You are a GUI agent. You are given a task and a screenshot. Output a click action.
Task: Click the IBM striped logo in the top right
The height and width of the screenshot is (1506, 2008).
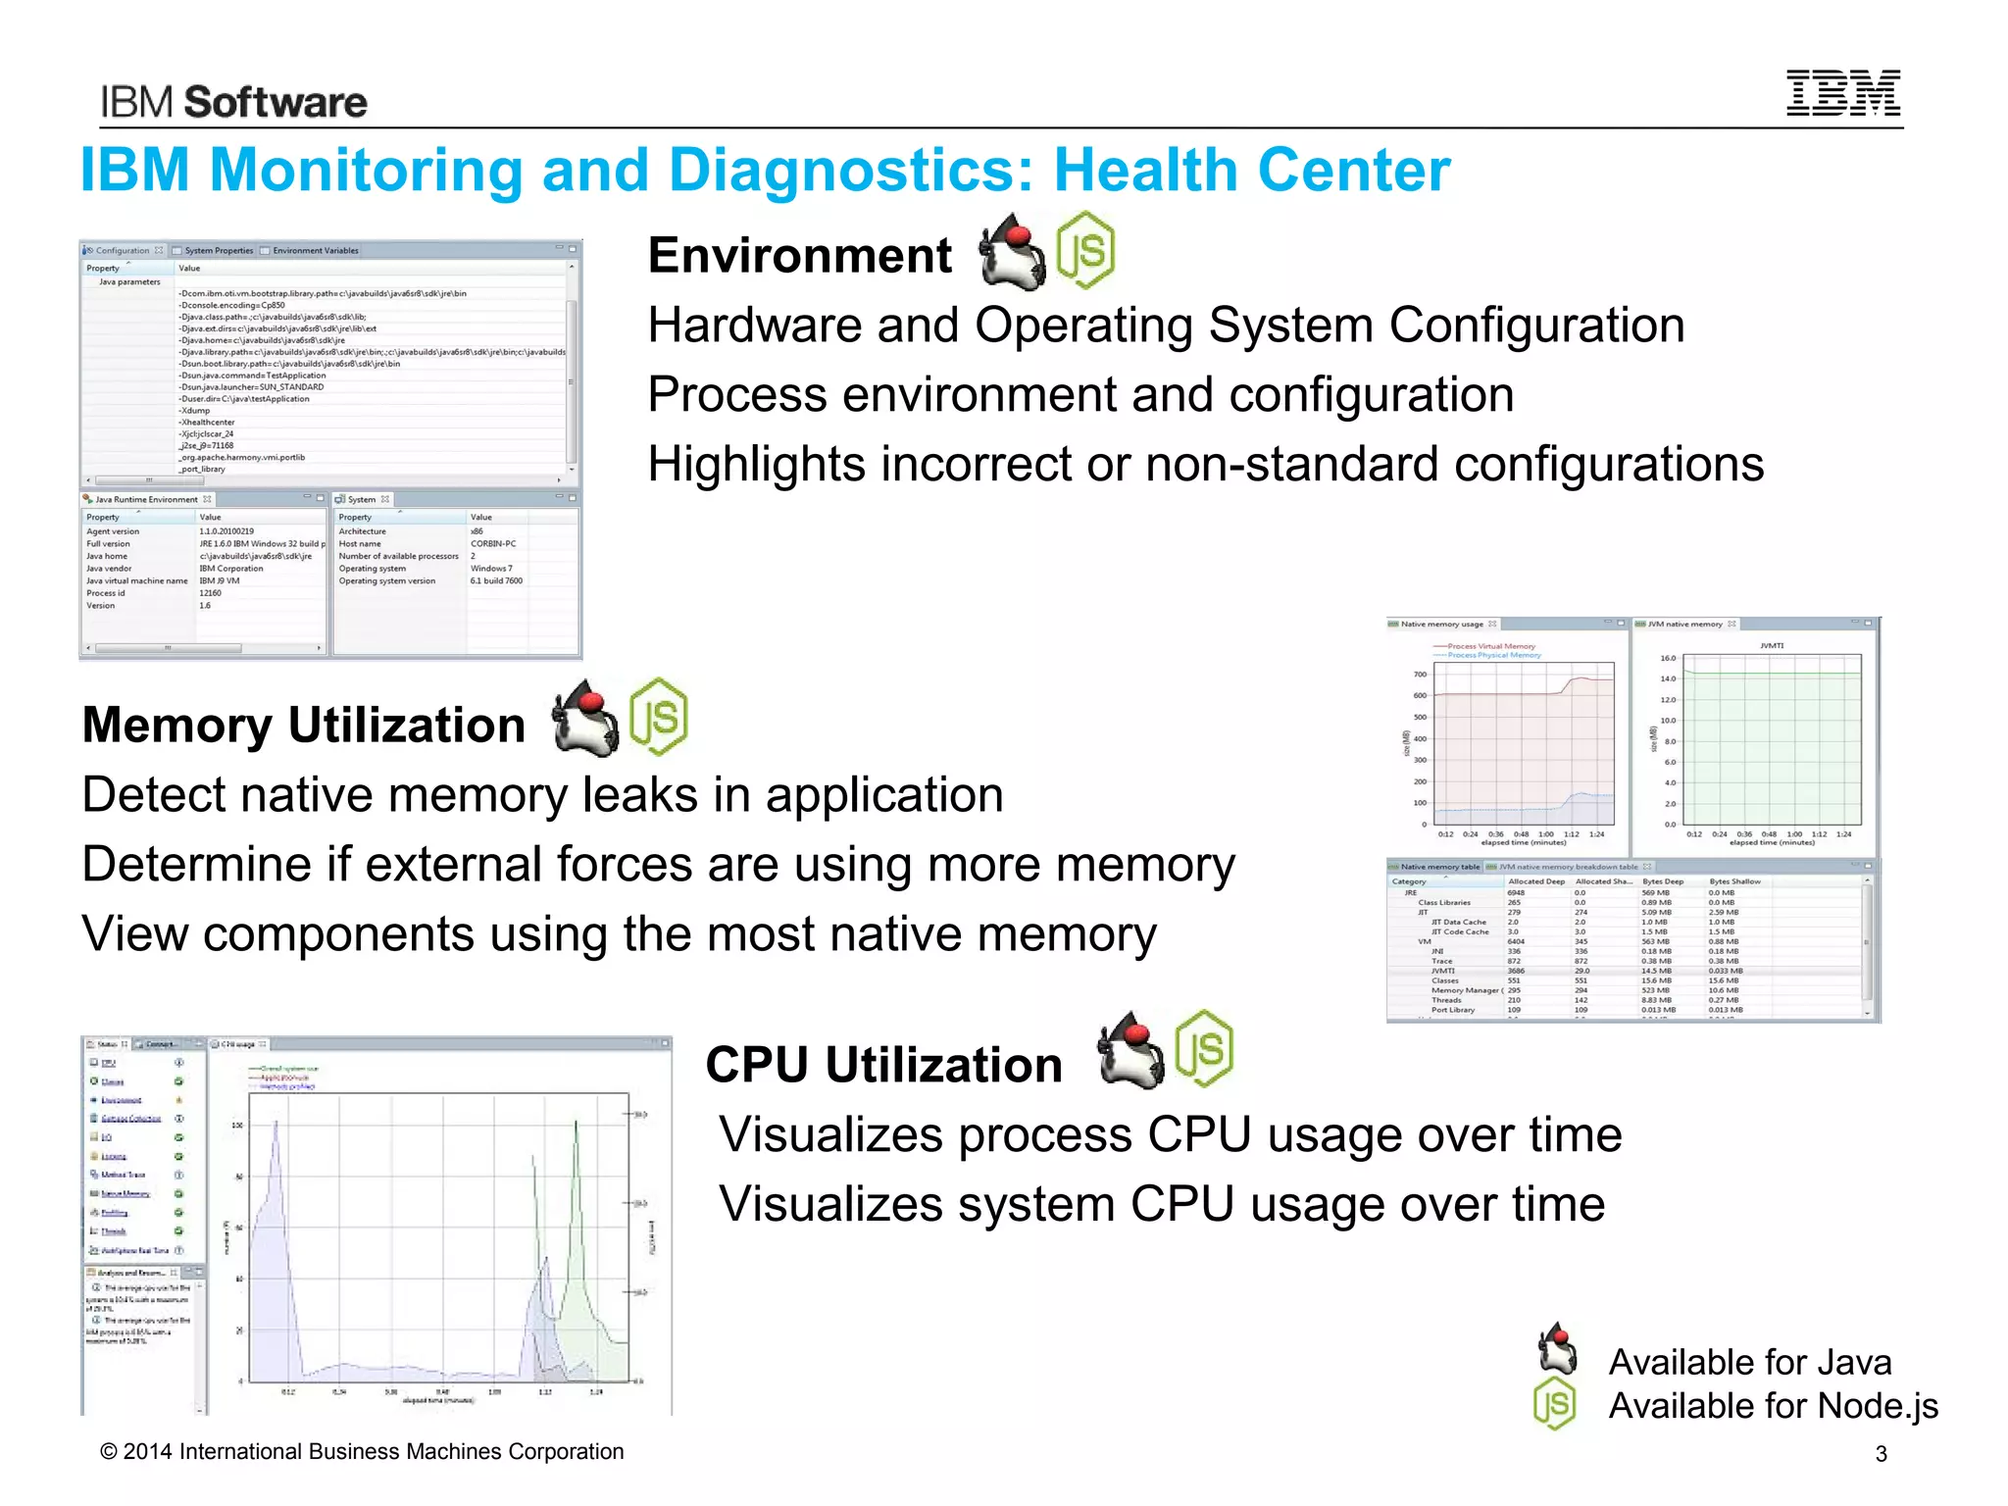[1842, 93]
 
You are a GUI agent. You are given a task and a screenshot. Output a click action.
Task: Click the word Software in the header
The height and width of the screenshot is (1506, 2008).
[276, 102]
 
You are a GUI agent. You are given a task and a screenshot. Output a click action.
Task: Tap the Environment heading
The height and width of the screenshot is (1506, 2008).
[799, 255]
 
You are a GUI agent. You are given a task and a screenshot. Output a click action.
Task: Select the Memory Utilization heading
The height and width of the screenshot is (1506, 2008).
[304, 725]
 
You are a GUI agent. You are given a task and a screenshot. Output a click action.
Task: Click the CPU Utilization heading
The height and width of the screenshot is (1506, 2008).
[883, 1064]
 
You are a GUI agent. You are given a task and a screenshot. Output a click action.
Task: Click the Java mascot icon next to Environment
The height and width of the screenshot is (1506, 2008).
[1013, 252]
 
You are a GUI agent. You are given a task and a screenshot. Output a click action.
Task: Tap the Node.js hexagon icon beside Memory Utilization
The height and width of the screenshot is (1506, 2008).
[658, 717]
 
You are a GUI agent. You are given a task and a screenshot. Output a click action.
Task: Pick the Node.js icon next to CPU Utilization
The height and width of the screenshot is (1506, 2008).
[1204, 1048]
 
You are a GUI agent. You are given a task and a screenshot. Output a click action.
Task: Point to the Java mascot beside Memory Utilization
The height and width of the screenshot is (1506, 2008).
[585, 719]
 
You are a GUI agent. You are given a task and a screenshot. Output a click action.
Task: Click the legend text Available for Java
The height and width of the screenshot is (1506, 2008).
[1749, 1362]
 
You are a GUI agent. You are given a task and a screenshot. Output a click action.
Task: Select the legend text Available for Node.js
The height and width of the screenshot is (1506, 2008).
[1773, 1405]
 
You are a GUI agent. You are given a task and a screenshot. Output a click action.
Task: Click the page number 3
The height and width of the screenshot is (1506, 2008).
[1881, 1454]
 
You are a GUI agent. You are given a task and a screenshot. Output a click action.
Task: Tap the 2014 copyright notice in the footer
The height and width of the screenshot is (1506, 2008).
[362, 1451]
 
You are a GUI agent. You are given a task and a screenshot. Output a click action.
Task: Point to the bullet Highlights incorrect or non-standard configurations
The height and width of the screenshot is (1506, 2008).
[1205, 464]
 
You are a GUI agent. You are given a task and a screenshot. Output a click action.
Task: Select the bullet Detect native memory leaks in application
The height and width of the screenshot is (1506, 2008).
[542, 794]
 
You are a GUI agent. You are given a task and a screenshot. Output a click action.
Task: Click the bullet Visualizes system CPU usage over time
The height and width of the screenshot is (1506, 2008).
[1162, 1204]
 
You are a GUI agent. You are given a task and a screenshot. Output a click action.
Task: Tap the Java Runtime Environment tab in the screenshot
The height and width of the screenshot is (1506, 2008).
[146, 499]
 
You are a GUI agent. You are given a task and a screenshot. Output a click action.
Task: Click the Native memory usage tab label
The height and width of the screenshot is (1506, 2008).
[1441, 624]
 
